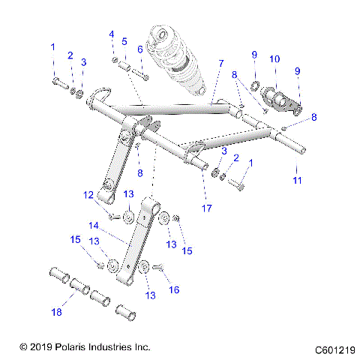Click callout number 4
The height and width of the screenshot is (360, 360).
112,34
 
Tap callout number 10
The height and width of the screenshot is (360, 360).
274,58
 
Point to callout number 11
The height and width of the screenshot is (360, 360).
298,181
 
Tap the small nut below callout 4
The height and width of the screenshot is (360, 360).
113,60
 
